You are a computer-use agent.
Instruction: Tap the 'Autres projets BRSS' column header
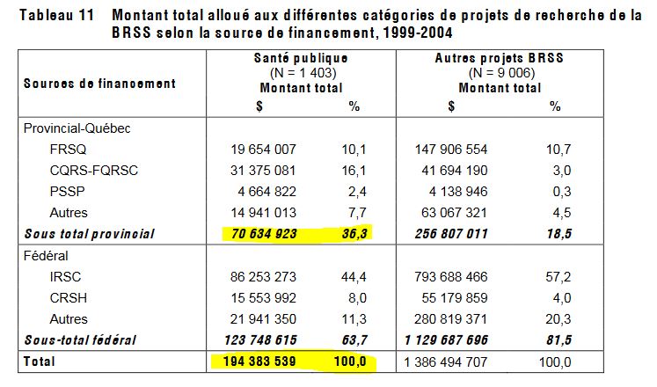click(x=498, y=57)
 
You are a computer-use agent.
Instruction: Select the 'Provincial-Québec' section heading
click(x=77, y=129)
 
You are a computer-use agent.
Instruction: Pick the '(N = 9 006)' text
click(x=498, y=72)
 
